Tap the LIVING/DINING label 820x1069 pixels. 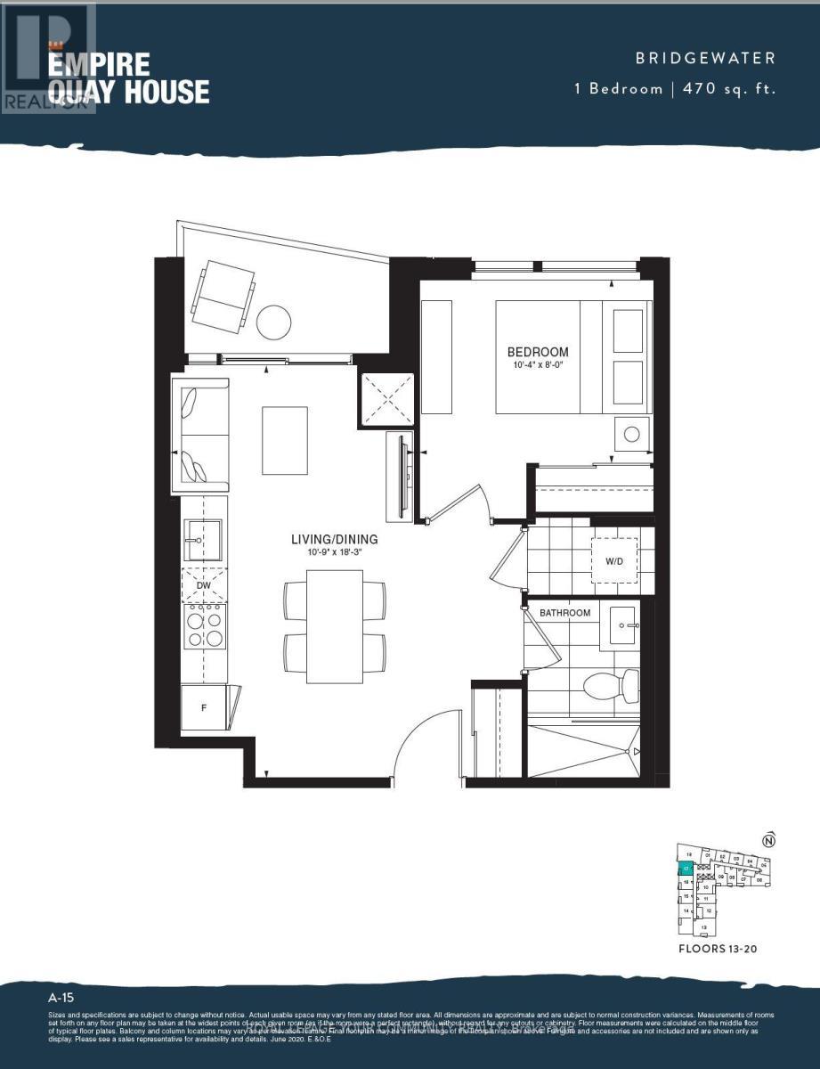334,539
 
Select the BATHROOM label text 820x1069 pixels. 564,613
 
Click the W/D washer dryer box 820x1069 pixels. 614,561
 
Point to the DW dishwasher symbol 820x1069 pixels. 204,585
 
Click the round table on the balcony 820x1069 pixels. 275,322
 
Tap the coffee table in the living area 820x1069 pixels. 285,440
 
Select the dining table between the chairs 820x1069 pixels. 334,627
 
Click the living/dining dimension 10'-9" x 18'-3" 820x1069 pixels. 334,552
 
